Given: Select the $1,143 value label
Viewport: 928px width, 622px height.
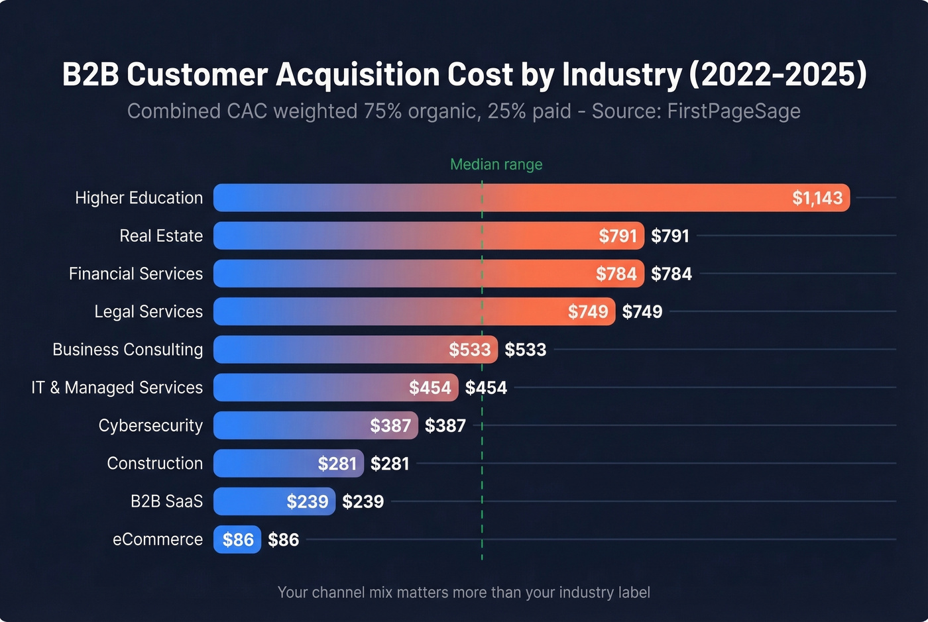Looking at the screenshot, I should pos(817,198).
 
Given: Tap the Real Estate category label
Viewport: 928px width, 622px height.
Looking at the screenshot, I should pos(161,236).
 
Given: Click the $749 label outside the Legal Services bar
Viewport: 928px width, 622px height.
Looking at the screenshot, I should pos(642,312).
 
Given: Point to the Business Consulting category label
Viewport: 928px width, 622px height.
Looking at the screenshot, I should pos(128,350).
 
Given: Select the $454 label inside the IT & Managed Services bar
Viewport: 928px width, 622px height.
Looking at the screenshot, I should pos(430,388).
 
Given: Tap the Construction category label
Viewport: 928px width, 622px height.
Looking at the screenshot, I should pos(155,464).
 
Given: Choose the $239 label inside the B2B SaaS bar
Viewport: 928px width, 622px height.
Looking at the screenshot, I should pos(307,501).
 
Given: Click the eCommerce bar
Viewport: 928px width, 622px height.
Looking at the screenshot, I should pos(237,540).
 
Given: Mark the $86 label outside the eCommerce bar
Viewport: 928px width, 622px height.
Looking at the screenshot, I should pos(283,540).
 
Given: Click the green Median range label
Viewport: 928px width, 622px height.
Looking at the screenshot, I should pos(496,164).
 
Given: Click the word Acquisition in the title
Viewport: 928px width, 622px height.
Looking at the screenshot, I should pos(358,74).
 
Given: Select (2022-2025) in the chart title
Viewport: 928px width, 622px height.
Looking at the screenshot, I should pos(778,74).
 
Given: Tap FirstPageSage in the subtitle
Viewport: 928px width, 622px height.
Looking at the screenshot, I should pos(734,111).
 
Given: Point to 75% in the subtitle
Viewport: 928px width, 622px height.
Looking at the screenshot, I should pos(382,111).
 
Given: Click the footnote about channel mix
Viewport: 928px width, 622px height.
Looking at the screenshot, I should pos(464,592).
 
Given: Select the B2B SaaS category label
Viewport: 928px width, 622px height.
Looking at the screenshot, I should pos(166,501).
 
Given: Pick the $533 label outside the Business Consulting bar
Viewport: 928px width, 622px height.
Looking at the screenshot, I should pos(525,350).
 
